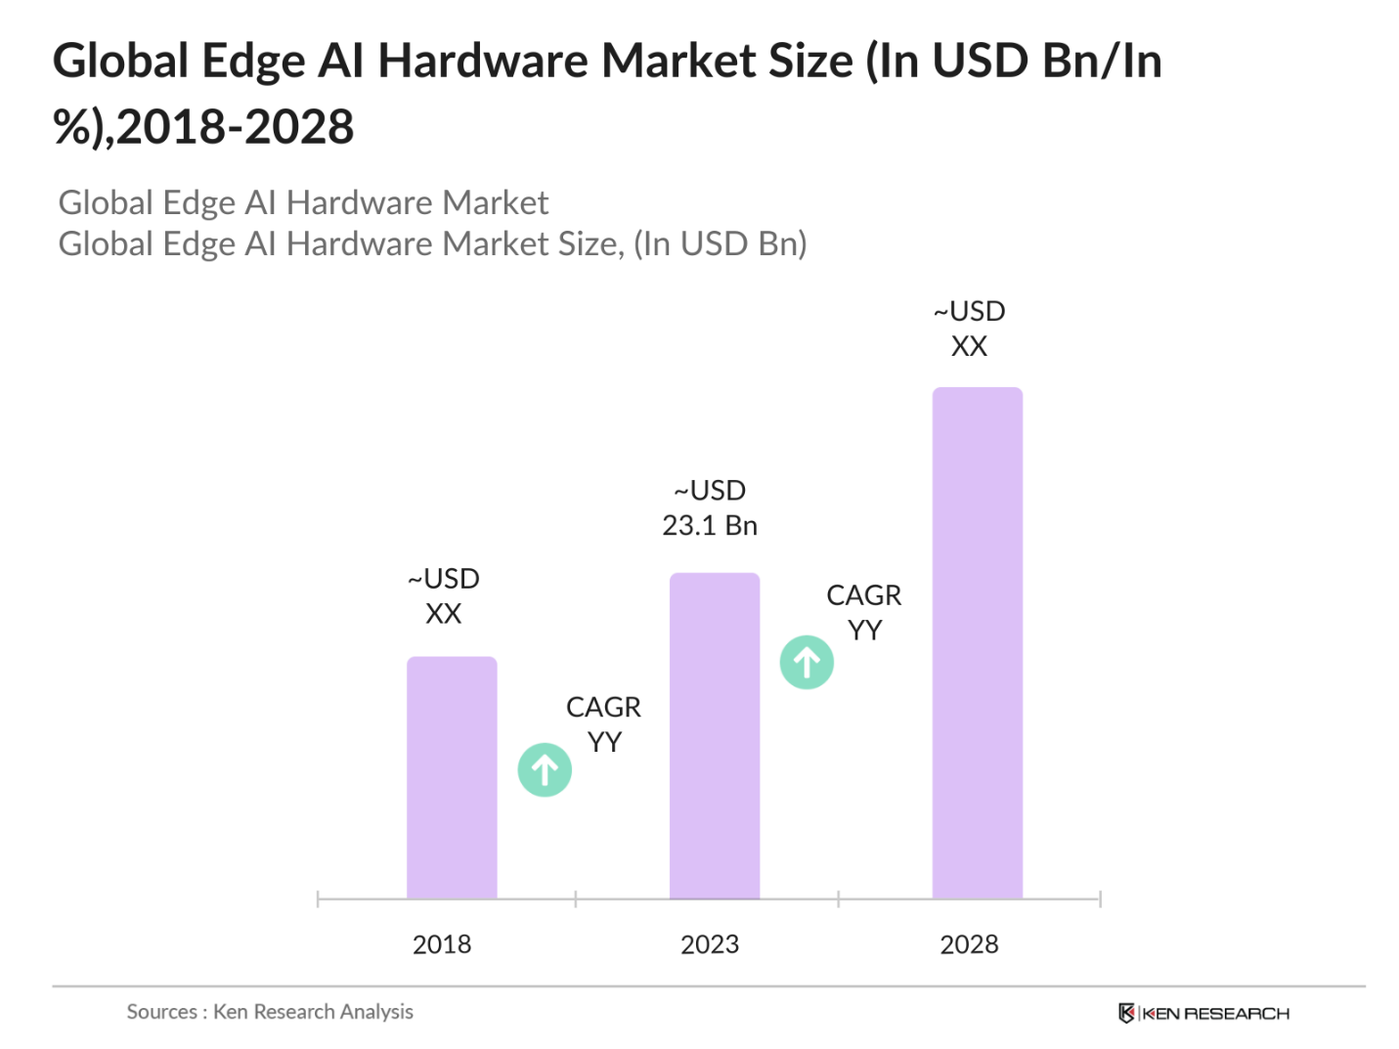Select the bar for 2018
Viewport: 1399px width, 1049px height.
pyautogui.click(x=452, y=777)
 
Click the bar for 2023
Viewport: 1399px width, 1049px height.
pyautogui.click(x=714, y=735)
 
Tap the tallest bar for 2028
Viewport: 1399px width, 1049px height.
pyautogui.click(x=977, y=642)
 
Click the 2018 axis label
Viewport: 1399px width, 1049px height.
pyautogui.click(x=442, y=944)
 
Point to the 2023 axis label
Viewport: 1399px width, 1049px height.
pyautogui.click(x=710, y=944)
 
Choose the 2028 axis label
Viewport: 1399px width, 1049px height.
pyautogui.click(x=969, y=944)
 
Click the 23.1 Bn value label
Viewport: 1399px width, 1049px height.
pyautogui.click(x=710, y=526)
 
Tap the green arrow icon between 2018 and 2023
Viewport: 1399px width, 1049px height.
pyautogui.click(x=545, y=770)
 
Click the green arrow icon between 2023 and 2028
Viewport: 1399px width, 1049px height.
pyautogui.click(x=807, y=663)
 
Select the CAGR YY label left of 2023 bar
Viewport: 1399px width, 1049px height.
pyautogui.click(x=603, y=724)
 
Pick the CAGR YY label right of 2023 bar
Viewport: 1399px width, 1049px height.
pyautogui.click(x=863, y=613)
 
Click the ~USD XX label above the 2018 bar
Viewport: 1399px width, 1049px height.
pyautogui.click(x=443, y=596)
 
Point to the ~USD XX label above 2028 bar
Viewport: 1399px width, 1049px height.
pyautogui.click(x=969, y=328)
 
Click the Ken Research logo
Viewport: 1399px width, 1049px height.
pyautogui.click(x=1203, y=1013)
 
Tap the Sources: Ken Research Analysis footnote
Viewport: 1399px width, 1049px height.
pyautogui.click(x=270, y=1012)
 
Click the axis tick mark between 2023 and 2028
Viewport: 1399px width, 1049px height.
pyautogui.click(x=838, y=898)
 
